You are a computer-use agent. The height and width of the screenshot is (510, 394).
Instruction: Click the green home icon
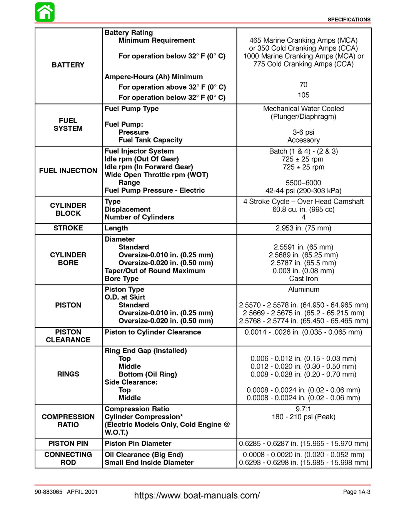pos(45,12)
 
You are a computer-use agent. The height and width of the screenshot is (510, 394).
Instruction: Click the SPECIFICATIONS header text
pos(349,20)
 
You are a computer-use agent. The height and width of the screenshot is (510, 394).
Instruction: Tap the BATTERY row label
pos(68,65)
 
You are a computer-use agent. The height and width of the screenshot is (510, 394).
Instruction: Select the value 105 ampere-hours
pos(303,95)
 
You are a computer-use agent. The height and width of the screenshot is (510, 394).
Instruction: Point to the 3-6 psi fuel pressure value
pos(303,132)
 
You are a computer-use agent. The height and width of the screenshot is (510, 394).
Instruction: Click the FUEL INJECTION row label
pos(68,171)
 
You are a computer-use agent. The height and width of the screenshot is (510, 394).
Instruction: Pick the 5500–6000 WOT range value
pos(303,183)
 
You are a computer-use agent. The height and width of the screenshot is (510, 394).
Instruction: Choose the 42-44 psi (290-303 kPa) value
pos(303,191)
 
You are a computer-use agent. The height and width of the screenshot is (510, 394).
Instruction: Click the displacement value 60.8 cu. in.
pos(303,210)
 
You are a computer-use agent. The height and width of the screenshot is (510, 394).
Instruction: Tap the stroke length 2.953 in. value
pos(303,228)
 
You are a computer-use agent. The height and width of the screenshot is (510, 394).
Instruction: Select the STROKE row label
pos(68,228)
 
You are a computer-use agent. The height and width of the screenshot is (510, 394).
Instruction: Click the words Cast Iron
pos(303,278)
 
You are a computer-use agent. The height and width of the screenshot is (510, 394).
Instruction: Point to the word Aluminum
pos(304,290)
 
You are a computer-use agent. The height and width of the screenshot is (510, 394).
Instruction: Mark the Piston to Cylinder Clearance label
pos(153,332)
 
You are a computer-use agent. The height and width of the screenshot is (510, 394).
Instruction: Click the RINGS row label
pos(68,374)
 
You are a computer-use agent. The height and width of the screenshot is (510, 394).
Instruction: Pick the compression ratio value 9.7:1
pos(303,409)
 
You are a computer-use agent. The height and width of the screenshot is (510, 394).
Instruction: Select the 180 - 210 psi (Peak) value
pos(303,417)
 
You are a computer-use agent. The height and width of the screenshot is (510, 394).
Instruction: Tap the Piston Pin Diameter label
pos(138,443)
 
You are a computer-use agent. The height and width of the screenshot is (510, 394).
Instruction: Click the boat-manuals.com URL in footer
pos(197,495)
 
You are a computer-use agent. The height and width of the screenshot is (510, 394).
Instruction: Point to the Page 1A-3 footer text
pos(356,492)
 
